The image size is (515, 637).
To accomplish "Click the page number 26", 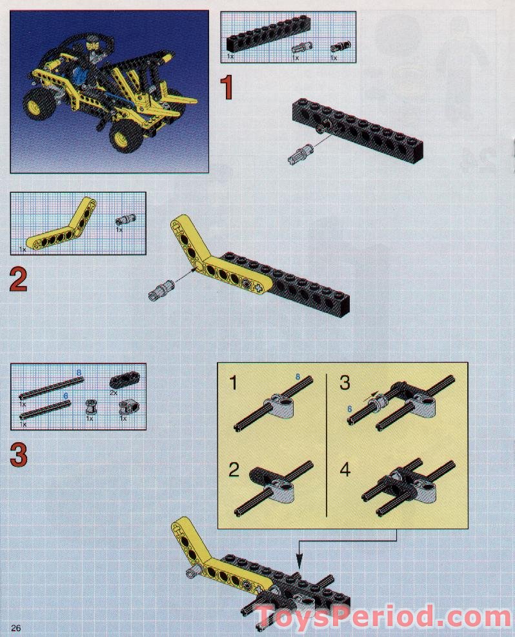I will point(17,628).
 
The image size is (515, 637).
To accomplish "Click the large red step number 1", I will point(226,89).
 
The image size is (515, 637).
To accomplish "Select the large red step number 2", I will point(19,279).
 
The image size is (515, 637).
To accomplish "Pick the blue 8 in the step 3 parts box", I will point(79,373).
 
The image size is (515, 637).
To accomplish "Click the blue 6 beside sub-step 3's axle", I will point(349,409).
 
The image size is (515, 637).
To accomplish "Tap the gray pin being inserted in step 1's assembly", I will point(301,155).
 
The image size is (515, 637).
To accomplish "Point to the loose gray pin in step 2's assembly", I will point(162,288).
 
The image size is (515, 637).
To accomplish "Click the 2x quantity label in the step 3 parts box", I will point(113,392).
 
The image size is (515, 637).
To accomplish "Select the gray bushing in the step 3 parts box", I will point(91,407).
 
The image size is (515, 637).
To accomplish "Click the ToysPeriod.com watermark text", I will point(385,616).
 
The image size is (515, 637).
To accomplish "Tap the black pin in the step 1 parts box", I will point(337,47).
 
